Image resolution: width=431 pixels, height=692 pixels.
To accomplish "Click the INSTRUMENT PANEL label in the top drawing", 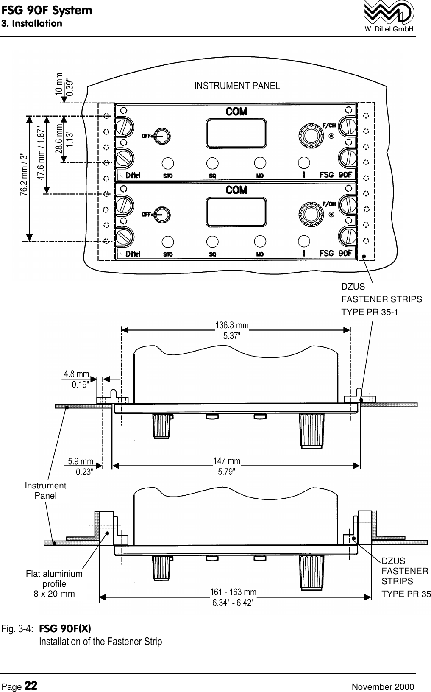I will pyautogui.click(x=237, y=86).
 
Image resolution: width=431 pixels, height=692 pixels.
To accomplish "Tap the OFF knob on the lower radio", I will pyautogui.click(x=161, y=215).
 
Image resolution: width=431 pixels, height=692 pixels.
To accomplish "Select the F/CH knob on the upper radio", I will pyautogui.click(x=311, y=135).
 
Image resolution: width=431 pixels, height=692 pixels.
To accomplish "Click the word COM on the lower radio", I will pyautogui.click(x=236, y=190).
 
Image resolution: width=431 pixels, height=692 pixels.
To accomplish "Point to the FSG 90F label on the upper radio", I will pyautogui.click(x=336, y=175).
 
